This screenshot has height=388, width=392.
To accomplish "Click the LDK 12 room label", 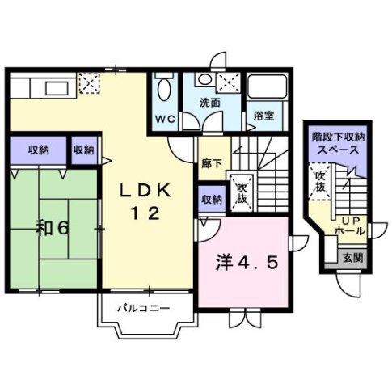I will click(x=146, y=201).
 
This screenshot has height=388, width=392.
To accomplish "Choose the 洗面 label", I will click(x=211, y=102).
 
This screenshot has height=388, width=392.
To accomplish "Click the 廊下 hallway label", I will click(x=210, y=162).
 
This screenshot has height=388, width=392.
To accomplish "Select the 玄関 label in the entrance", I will click(x=352, y=258).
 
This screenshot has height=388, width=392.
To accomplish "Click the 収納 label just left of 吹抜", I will click(x=211, y=198).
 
